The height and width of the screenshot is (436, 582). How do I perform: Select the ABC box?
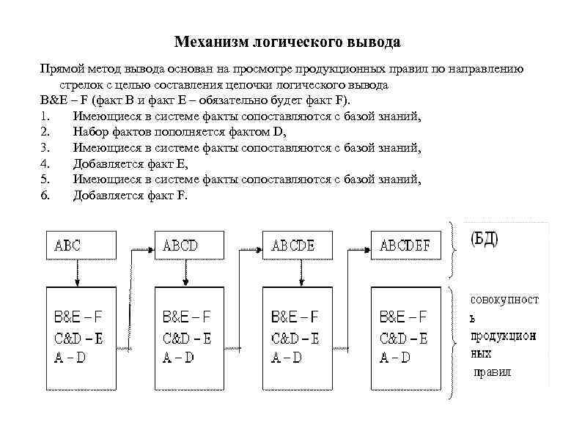pos(78,245)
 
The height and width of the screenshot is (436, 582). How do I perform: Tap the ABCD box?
pos(186,245)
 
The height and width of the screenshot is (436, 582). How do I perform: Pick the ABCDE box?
pos(295,245)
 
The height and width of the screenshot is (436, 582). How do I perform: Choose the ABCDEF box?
pos(405,245)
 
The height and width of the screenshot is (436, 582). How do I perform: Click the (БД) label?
pos(484,240)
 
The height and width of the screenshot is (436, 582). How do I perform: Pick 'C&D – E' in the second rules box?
pos(186,338)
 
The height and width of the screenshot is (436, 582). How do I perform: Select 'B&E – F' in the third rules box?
pos(295,317)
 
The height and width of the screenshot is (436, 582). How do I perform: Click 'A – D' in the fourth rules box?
pos(395,358)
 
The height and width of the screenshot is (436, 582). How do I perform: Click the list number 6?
pos(45,196)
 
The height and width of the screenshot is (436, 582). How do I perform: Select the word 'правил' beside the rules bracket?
pos(492,372)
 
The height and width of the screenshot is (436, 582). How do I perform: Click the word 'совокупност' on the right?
pos(504,300)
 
